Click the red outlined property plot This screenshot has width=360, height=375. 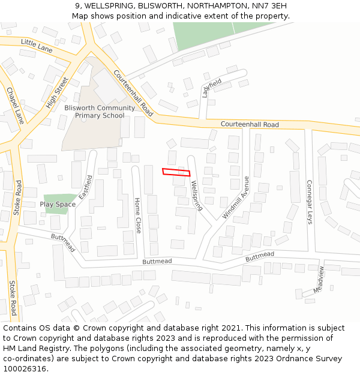click(176, 172)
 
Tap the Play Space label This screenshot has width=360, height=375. click(58, 205)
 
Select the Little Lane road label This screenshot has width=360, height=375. click(37, 44)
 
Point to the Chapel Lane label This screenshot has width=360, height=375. click(16, 106)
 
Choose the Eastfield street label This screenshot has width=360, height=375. click(86, 187)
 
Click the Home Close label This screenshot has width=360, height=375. click(138, 215)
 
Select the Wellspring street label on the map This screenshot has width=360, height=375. click(196, 196)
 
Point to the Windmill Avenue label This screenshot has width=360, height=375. click(236, 197)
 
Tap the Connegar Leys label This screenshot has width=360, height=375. click(310, 202)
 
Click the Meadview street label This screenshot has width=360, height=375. click(319, 280)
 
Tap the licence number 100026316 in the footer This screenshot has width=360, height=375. click(25, 368)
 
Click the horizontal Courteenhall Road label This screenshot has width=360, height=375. click(250, 124)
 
